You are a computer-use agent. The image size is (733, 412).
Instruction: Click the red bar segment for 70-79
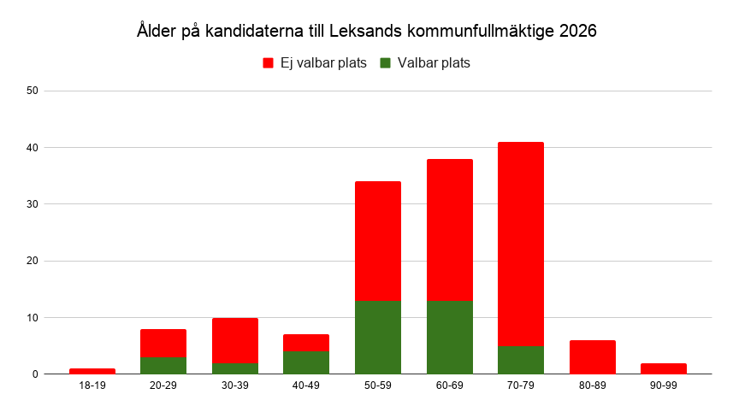[521, 244]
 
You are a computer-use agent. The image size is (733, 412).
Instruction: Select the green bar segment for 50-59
[378, 337]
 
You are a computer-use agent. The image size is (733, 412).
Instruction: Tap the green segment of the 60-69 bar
[449, 337]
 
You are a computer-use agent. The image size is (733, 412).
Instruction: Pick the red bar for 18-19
[92, 371]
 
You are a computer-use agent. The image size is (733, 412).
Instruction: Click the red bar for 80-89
[592, 357]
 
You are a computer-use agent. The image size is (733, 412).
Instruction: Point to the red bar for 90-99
[664, 368]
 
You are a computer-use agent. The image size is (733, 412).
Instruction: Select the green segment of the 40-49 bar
[306, 362]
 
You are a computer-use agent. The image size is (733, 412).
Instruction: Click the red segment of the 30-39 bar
[235, 340]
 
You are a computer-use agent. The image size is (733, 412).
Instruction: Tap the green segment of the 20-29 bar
[163, 365]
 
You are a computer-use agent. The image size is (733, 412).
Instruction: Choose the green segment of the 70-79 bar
[521, 360]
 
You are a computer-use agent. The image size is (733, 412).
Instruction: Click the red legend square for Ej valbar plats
[268, 63]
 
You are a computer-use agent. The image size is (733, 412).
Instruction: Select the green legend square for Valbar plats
[385, 63]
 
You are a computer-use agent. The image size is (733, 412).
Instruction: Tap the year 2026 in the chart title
[577, 32]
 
